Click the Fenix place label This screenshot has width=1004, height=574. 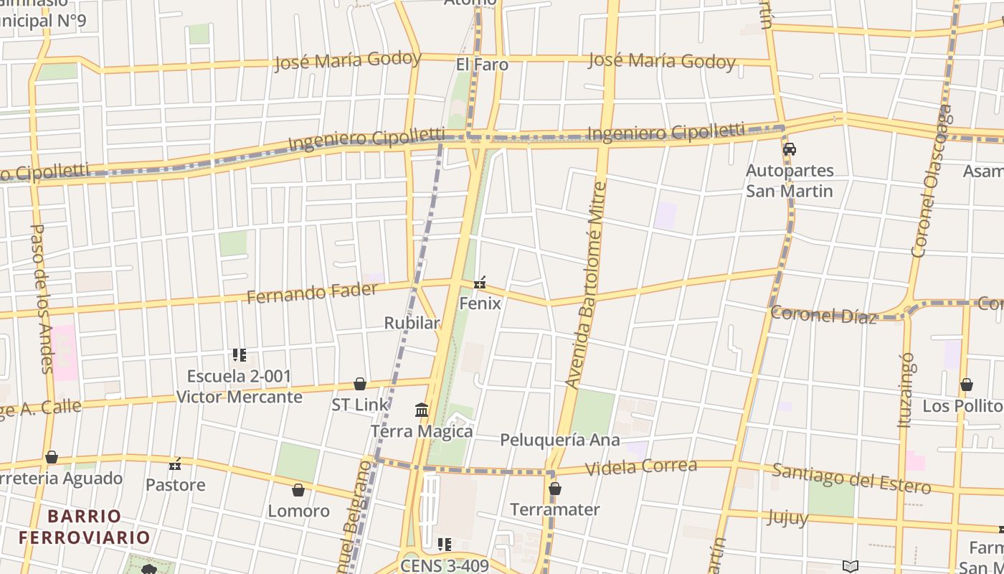coord(480,303)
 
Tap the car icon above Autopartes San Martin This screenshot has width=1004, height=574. coord(790,149)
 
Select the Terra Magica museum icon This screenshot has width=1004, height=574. coord(422,410)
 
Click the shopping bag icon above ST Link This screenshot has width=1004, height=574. coord(360,385)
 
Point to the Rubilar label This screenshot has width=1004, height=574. coord(412,323)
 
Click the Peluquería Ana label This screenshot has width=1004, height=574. coord(559,440)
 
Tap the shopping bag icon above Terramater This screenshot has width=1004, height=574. coord(554,489)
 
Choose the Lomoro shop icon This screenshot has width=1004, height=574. coord(298,491)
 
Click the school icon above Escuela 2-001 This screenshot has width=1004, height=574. coord(240,355)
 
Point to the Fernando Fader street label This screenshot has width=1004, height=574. coord(312,293)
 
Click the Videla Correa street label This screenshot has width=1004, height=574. coord(640,467)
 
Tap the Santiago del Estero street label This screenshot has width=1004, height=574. coord(851,479)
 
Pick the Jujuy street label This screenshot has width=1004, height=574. coord(787,517)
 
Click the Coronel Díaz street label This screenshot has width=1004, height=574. coord(823,315)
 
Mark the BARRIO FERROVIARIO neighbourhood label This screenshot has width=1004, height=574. coord(85,527)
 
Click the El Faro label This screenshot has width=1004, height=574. coord(482,65)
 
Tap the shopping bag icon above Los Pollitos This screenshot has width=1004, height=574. coord(967,385)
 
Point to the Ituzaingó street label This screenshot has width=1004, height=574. coord(906,390)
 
